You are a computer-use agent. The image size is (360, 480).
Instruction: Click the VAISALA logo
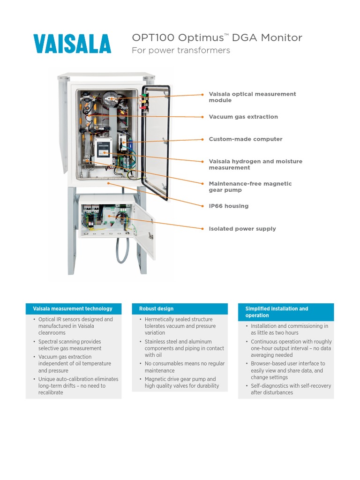click(72, 44)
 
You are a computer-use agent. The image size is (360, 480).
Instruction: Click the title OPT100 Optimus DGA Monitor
click(217, 38)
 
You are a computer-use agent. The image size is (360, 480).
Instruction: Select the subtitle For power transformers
click(180, 51)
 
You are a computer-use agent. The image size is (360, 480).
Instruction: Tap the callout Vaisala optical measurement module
click(252, 97)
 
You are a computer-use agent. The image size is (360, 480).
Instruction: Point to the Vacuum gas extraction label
click(243, 117)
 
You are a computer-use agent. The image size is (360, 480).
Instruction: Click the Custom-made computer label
click(245, 139)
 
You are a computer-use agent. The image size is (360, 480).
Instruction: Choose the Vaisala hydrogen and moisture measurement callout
click(255, 164)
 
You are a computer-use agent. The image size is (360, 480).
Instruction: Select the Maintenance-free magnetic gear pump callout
click(250, 187)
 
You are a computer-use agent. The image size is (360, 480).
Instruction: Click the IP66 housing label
click(228, 206)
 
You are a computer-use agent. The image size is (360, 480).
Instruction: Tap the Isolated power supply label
click(242, 229)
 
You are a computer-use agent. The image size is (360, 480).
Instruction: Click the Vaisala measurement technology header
click(73, 309)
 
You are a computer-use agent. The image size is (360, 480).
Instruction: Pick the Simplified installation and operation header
click(277, 312)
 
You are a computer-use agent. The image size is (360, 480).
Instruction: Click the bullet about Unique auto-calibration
click(77, 386)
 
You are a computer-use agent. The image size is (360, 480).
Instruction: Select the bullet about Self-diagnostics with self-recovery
click(290, 389)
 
